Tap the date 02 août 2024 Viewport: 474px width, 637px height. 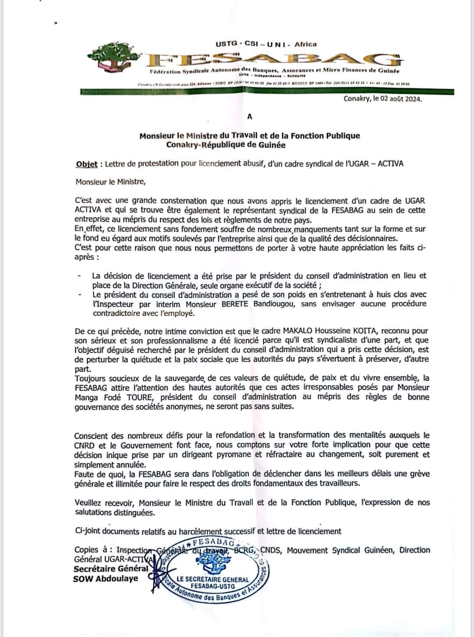[x=398, y=99]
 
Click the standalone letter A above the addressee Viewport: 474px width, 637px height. [x=250, y=116]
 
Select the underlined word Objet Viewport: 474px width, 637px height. [x=86, y=164]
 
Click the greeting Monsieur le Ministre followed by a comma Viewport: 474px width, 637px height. [x=110, y=182]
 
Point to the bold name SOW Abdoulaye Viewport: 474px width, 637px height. [x=106, y=579]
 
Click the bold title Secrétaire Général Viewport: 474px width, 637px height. [x=111, y=569]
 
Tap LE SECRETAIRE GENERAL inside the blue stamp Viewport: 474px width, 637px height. [x=213, y=579]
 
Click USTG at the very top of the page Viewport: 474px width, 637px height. [x=226, y=44]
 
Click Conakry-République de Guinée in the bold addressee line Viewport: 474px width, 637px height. [x=226, y=145]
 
